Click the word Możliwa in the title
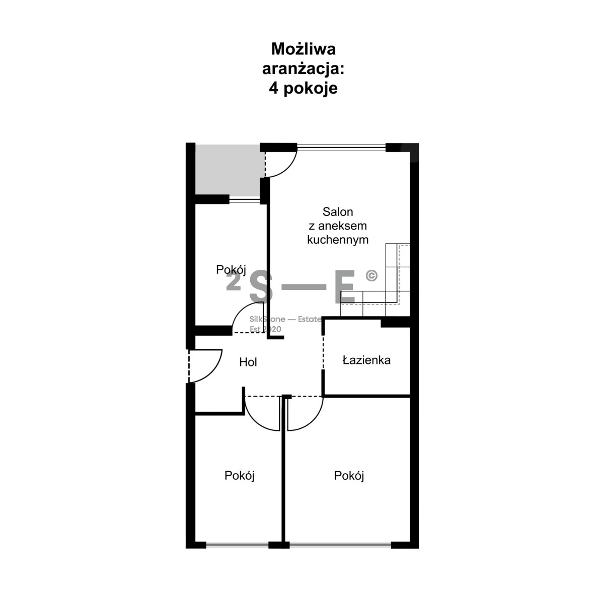pyautogui.click(x=303, y=49)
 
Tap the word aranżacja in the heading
pyautogui.click(x=301, y=69)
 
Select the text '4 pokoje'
pyautogui.click(x=303, y=89)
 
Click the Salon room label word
pyautogui.click(x=338, y=212)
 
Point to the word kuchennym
pyautogui.click(x=338, y=240)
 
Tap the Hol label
pyautogui.click(x=248, y=362)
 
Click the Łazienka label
pyautogui.click(x=366, y=360)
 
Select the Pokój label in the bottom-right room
pyautogui.click(x=349, y=476)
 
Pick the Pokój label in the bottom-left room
pyautogui.click(x=239, y=476)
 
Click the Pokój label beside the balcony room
pyautogui.click(x=231, y=270)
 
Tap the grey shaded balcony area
pyautogui.click(x=230, y=170)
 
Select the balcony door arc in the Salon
pyautogui.click(x=288, y=169)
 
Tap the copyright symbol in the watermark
pyautogui.click(x=371, y=275)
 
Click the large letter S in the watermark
pyautogui.click(x=261, y=286)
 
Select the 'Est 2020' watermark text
pyautogui.click(x=265, y=329)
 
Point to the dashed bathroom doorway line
pyautogui.click(x=324, y=353)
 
